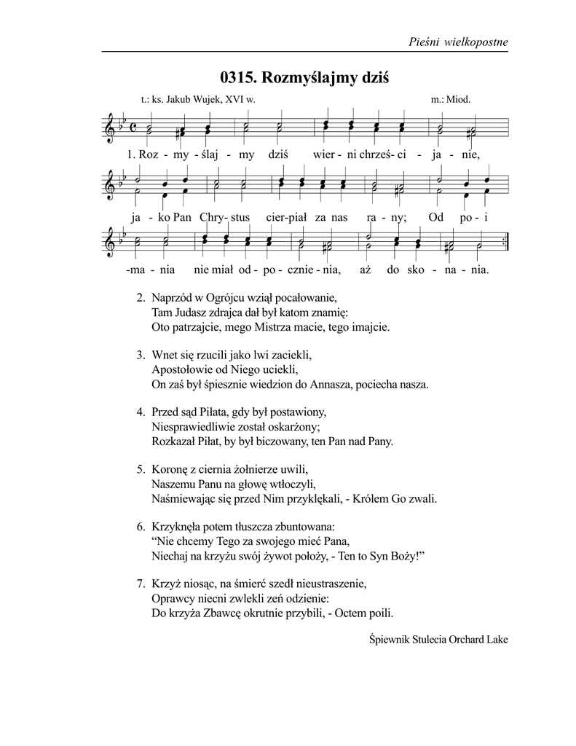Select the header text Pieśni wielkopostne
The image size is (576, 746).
pos(459,42)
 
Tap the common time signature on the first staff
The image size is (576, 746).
pos(133,128)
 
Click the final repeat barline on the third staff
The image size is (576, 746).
pos(505,246)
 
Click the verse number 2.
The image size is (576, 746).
pos(141,298)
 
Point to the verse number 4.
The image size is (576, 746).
pos(141,412)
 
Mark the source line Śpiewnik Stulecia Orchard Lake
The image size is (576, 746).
pos(438,640)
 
